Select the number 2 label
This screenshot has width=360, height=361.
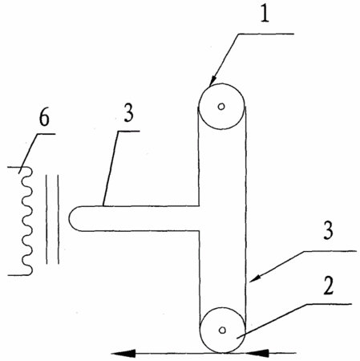(329, 286)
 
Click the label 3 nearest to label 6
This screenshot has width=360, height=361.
(128, 113)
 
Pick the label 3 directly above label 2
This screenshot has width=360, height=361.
(329, 230)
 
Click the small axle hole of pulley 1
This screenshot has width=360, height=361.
(221, 107)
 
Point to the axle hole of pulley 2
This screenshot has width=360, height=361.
(222, 331)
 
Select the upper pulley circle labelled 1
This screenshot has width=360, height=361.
(221, 83)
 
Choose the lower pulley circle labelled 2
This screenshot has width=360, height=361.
(222, 307)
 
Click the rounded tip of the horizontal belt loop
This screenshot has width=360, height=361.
(69, 218)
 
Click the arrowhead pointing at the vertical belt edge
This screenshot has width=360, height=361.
(253, 278)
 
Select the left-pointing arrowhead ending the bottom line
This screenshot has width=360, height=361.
(123, 354)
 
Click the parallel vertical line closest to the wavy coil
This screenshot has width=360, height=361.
(47, 219)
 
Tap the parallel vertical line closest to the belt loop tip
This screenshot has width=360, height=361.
(58, 219)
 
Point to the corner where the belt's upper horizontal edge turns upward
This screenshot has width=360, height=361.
(199, 206)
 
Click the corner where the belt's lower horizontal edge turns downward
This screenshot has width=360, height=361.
(199, 230)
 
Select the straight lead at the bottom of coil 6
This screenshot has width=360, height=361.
(18, 275)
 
